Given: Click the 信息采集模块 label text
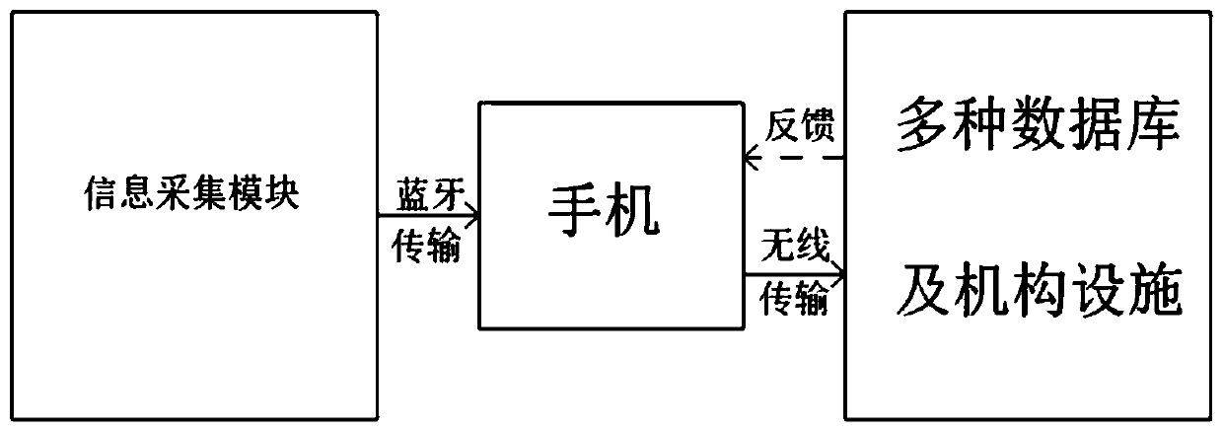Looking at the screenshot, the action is (x=189, y=196).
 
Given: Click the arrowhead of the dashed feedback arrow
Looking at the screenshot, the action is (x=752, y=157).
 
